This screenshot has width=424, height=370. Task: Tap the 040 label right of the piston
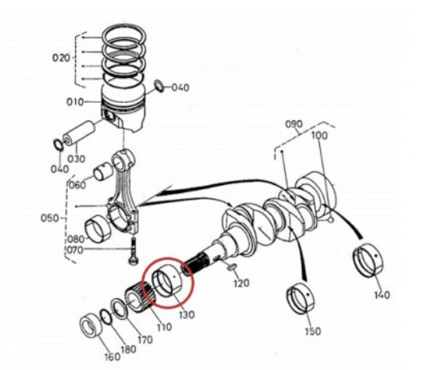[x=180, y=88]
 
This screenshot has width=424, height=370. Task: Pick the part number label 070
[x=75, y=250]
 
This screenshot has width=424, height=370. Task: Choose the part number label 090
[x=295, y=125]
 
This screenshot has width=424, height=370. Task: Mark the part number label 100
[x=319, y=136]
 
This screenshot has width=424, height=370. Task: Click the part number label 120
[x=242, y=284]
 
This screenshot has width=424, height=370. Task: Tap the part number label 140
[x=382, y=295]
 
